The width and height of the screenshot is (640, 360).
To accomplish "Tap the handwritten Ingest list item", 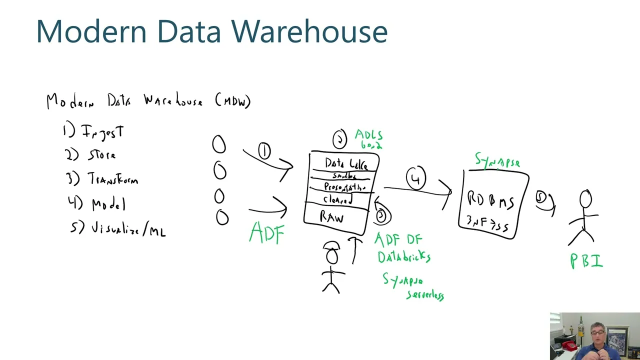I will [102, 132].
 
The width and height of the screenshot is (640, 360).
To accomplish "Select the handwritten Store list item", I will [101, 155].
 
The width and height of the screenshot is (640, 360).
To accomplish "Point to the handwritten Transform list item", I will [112, 179].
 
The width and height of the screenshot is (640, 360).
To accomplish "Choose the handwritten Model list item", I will [108, 204].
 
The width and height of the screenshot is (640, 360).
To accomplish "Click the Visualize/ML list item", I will [128, 229].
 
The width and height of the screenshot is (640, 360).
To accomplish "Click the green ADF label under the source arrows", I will [267, 233].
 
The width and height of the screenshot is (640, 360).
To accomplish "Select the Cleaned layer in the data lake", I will [337, 199].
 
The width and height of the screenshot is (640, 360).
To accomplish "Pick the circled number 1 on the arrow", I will [264, 150].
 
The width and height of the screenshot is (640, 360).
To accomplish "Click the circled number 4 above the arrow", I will [416, 178].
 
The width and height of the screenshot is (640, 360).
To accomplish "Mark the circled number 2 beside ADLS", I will [339, 139].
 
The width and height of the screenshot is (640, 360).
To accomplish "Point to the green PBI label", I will [586, 261].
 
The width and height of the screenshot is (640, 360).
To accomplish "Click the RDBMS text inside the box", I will [490, 200].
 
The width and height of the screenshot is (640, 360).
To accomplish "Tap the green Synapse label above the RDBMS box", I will [497, 161].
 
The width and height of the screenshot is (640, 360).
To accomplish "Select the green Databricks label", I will [403, 257].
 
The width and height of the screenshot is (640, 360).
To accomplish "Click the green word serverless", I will [425, 295].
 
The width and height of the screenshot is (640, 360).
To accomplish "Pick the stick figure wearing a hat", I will [331, 266].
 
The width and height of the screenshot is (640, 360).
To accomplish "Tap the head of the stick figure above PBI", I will [585, 199].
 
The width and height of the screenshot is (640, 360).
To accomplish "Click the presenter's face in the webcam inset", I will [597, 333].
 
